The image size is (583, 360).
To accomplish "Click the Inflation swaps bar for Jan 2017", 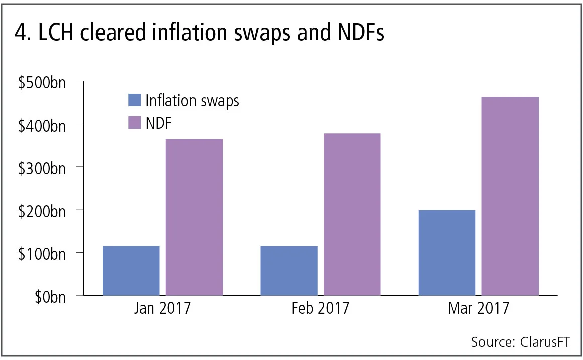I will tap(131, 271).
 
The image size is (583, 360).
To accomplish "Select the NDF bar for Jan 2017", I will tap(194, 217).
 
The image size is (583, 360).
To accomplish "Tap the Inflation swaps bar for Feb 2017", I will tap(288, 271).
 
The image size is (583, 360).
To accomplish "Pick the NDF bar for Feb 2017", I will tap(352, 214).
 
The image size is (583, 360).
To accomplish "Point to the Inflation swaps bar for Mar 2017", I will tap(447, 252).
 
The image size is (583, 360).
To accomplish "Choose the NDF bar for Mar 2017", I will tap(510, 196).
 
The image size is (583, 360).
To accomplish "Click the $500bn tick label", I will tap(42, 82).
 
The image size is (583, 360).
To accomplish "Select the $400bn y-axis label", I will tap(42, 125).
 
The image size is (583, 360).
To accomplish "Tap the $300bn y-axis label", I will tap(42, 168).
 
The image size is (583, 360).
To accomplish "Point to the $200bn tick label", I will tap(42, 211).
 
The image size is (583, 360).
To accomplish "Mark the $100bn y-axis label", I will tap(42, 253).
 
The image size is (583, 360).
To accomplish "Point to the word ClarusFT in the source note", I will tap(545, 342).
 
